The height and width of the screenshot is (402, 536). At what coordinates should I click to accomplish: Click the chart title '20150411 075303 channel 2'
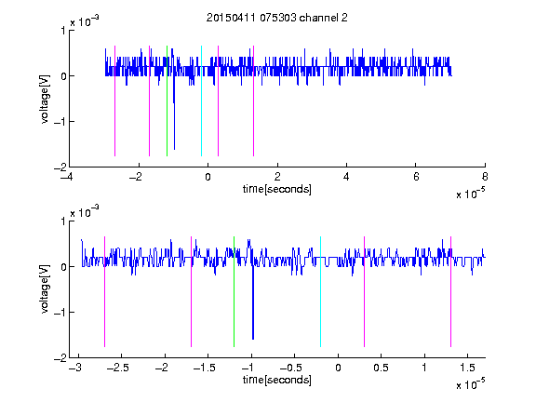click(277, 18)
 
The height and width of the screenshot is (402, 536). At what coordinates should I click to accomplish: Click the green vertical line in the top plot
click(167, 100)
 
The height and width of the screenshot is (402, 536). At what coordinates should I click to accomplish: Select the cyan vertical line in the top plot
click(201, 100)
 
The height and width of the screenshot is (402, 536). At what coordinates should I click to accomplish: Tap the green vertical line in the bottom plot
click(234, 291)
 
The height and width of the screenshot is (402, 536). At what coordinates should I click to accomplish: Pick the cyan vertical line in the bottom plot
click(320, 291)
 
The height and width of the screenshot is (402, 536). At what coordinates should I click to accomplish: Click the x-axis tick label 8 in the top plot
click(485, 177)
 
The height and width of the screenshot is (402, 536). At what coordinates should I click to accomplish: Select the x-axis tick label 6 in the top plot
click(416, 177)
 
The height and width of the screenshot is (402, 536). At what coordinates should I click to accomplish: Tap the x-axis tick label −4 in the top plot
click(67, 177)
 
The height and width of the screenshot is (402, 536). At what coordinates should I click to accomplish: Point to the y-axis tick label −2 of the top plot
click(60, 167)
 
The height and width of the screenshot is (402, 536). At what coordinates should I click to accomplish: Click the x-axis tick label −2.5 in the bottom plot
click(116, 368)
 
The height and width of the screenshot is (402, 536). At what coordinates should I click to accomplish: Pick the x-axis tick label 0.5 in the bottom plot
click(382, 368)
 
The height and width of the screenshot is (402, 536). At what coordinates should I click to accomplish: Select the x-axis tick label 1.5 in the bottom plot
click(467, 368)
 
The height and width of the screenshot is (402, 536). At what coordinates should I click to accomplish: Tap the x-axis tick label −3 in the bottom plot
click(75, 368)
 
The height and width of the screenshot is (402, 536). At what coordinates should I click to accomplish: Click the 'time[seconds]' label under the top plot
click(277, 189)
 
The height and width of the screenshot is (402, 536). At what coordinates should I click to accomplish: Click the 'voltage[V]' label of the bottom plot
click(45, 289)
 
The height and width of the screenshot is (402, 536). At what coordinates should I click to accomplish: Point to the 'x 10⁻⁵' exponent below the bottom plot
click(470, 384)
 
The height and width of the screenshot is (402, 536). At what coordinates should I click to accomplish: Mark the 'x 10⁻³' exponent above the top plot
click(85, 21)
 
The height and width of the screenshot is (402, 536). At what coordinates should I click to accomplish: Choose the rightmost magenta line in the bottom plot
click(450, 291)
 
